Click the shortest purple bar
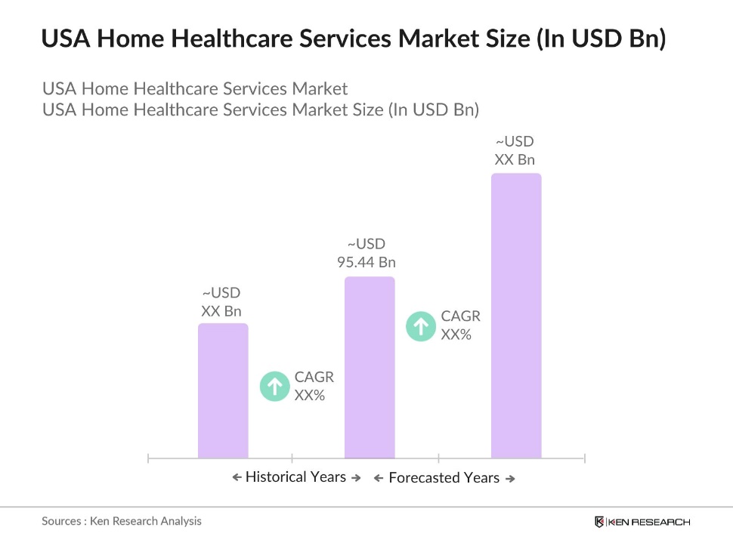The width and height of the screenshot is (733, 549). coord(223,390)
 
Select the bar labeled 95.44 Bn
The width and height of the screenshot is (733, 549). coord(370,367)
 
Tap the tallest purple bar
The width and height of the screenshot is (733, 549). coord(516,316)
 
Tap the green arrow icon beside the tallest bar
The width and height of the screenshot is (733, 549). coord(420,326)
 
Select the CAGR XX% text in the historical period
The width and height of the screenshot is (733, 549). coord(314,386)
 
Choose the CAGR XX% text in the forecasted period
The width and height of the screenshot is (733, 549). coord(460,325)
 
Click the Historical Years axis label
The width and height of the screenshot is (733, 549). coord(295,477)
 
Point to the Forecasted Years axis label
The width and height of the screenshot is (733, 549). coord(444,478)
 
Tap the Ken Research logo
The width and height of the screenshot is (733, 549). coord(642,522)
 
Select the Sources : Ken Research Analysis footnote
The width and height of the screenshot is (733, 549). coord(122,521)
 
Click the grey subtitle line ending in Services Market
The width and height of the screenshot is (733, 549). coord(195,88)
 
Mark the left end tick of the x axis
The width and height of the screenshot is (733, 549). coord(149,458)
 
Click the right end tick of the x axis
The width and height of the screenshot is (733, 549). coord(585,458)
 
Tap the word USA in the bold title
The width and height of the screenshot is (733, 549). coord(63,39)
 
